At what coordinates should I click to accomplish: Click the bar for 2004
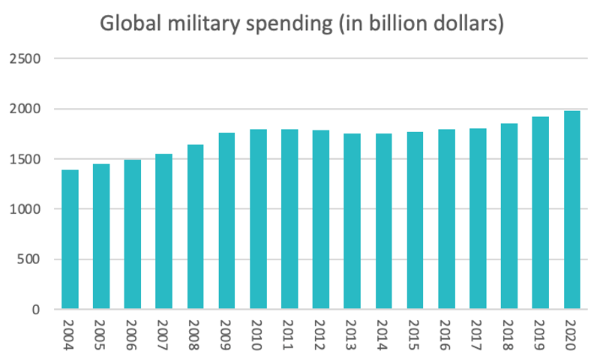pos(70,239)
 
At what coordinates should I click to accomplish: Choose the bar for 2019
pos(540,213)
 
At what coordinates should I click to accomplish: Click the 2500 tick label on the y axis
pos(25,58)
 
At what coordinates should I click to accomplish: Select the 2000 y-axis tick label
pos(25,109)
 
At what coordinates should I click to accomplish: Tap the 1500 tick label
pos(25,159)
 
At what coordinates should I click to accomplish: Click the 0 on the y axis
pos(35,310)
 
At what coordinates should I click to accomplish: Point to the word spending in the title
pos(286,25)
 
